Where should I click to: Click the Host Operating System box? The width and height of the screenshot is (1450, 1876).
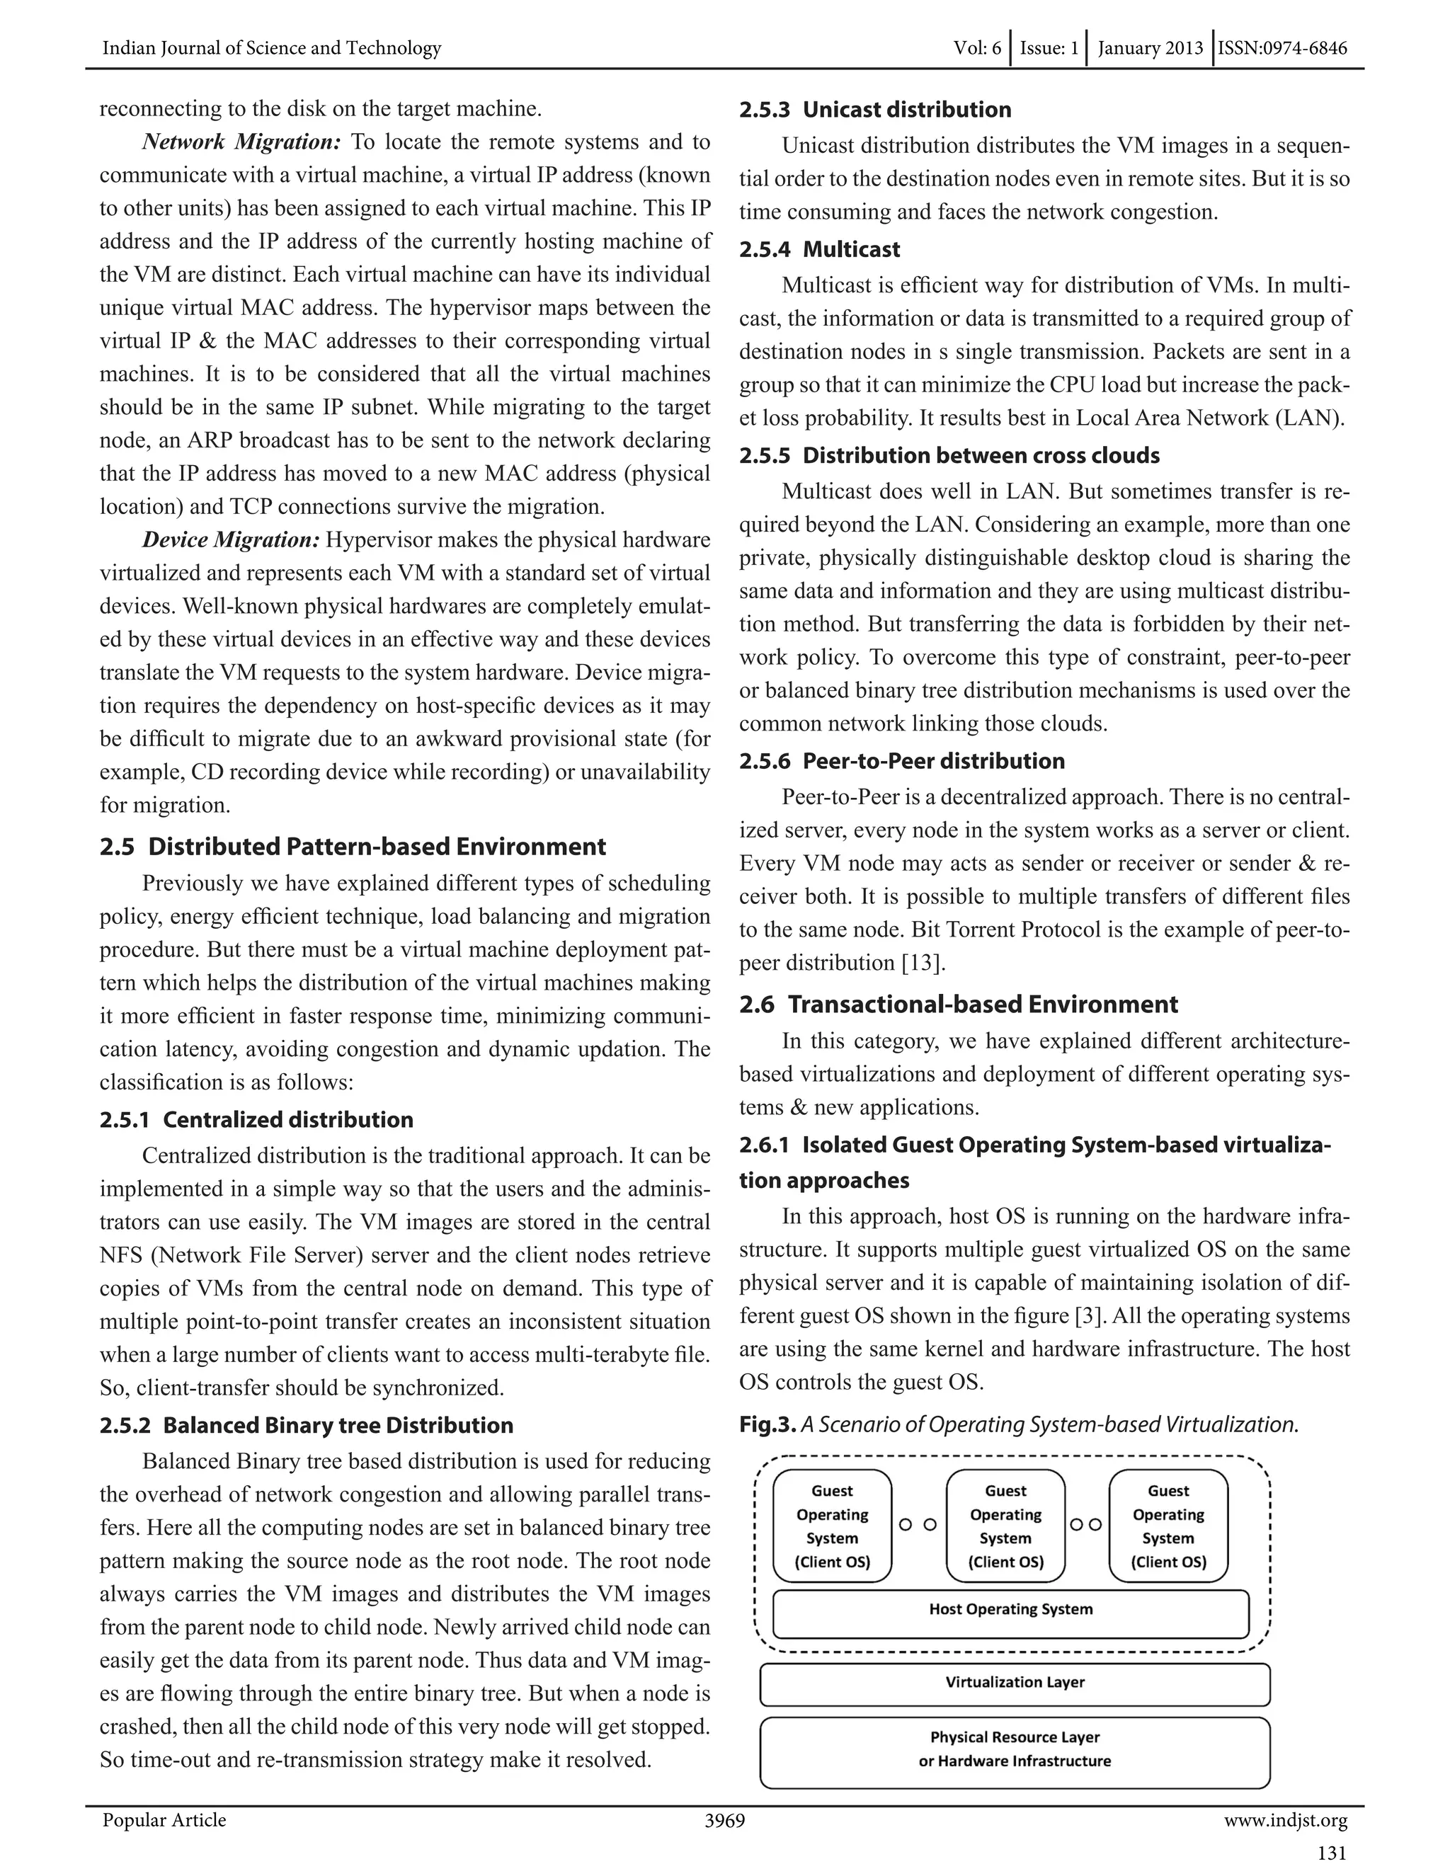1010,1614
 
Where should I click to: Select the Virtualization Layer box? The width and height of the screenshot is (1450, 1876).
1015,1684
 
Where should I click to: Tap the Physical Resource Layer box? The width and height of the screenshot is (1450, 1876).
1015,1751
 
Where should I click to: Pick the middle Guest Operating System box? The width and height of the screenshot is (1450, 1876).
1005,1526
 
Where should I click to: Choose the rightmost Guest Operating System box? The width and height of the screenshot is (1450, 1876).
1168,1526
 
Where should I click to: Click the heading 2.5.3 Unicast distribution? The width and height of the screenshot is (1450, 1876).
874,110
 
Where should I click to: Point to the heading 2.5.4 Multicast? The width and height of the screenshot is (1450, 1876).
819,250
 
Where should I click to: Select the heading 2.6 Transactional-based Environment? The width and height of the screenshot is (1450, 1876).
959,1004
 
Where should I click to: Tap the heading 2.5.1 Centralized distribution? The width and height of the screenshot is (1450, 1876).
256,1120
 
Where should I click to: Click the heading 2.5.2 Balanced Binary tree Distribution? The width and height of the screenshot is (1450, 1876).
306,1426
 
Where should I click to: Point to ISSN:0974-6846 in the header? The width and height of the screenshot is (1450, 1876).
1282,48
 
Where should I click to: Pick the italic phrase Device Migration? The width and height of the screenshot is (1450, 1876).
230,540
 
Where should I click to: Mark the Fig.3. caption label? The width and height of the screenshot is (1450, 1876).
767,1425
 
